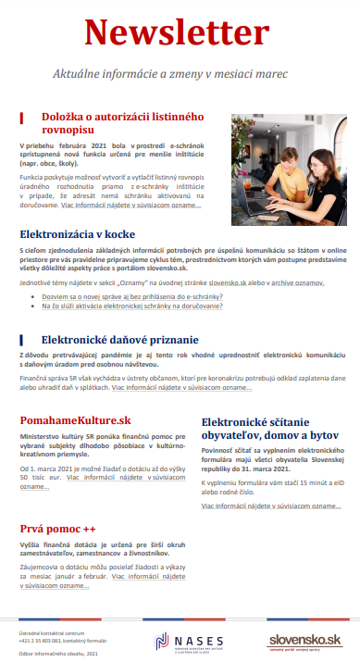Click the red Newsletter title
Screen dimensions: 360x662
[180, 33]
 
